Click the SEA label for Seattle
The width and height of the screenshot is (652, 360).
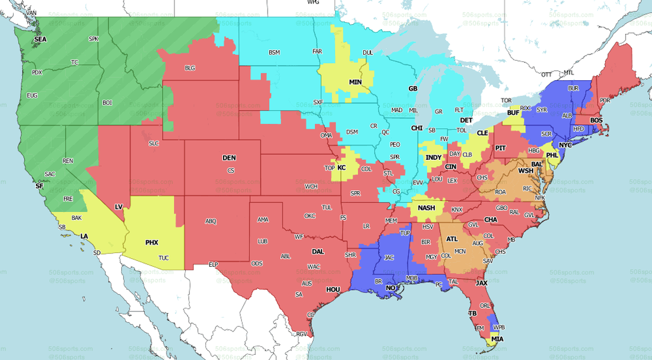(x=40, y=39)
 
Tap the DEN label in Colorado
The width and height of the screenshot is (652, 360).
(x=229, y=158)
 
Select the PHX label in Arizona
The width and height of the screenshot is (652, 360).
(x=152, y=243)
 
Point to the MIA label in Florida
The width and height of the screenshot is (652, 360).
(x=498, y=339)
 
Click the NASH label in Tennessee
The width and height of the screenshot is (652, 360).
(x=426, y=208)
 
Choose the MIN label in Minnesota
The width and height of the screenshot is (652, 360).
(x=355, y=82)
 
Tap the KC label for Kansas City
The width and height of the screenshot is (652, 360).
(x=341, y=168)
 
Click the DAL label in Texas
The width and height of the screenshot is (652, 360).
(x=317, y=251)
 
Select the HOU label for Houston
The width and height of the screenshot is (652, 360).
(x=333, y=290)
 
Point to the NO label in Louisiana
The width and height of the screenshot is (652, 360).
(x=391, y=288)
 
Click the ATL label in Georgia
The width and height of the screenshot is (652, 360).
(x=452, y=239)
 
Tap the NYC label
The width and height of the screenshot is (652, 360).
(x=565, y=145)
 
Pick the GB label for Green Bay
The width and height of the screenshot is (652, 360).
(x=412, y=89)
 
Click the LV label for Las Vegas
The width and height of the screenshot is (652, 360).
(x=118, y=206)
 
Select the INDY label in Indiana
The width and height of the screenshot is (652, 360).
(x=434, y=157)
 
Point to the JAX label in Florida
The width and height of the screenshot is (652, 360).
(x=482, y=282)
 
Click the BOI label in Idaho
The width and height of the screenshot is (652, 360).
(x=107, y=103)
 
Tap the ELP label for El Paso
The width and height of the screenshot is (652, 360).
(x=213, y=264)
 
